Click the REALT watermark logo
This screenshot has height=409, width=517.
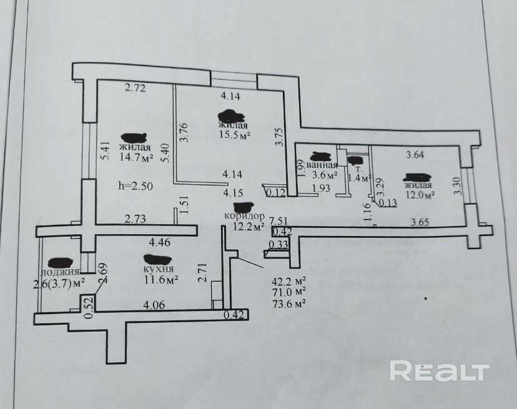439,372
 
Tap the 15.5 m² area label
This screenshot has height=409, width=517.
234,134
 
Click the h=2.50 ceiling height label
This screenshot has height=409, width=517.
135,185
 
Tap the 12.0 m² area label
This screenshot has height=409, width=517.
420,194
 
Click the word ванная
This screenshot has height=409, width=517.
322,165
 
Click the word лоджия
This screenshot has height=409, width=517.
60,272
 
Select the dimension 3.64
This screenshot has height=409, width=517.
416,155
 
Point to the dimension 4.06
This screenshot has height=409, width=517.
154,305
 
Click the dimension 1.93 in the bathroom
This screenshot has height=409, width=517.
320,188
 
